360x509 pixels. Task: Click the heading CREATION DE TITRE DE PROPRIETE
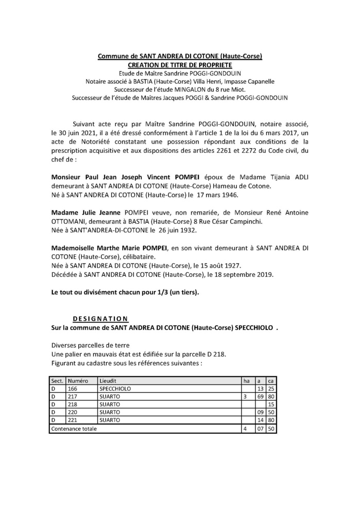tap(180, 65)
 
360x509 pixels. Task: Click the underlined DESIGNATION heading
tap(101, 318)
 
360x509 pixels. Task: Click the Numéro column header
tap(78, 380)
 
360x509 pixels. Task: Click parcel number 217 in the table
tap(73, 397)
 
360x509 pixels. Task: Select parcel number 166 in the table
tap(73, 389)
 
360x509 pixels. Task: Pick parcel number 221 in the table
tap(73, 420)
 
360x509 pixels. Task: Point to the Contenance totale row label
tap(74, 428)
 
